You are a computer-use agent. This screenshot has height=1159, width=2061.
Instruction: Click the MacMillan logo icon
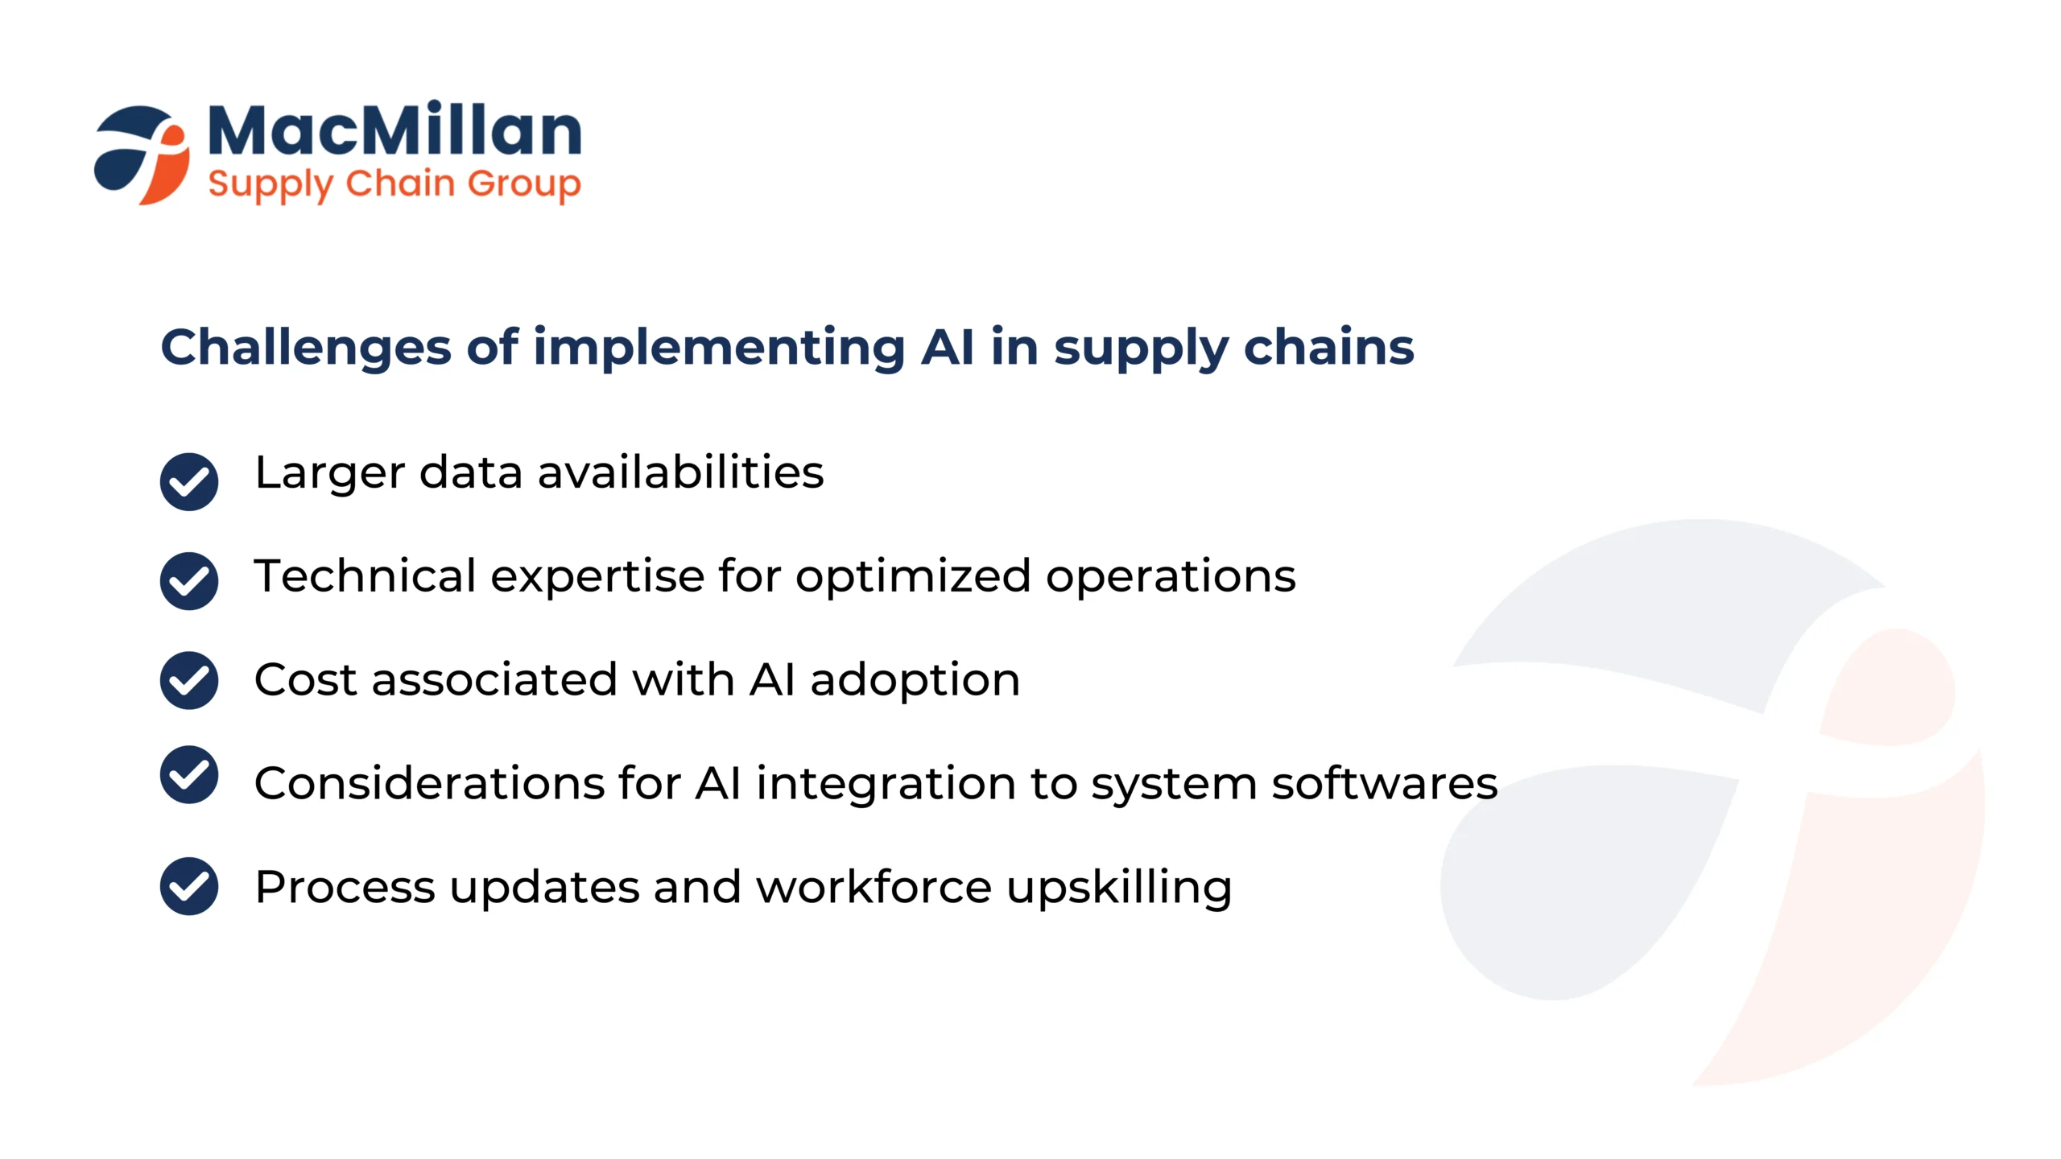click(x=142, y=155)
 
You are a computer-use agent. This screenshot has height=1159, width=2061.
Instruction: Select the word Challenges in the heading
click(x=306, y=348)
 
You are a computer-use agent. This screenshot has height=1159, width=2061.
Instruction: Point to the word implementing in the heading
click(x=719, y=348)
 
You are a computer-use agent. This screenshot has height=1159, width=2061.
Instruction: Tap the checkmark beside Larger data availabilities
click(x=189, y=481)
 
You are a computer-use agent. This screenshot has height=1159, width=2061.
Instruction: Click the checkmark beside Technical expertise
click(x=189, y=580)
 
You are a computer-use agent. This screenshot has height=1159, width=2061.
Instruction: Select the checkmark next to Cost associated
click(x=189, y=680)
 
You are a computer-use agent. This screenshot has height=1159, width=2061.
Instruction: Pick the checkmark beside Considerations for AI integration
click(x=189, y=774)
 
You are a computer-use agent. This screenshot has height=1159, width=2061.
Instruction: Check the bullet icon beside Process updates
click(x=189, y=886)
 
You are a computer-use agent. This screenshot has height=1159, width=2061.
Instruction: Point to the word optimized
click(x=913, y=577)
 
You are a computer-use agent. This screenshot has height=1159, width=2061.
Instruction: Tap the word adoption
click(x=915, y=680)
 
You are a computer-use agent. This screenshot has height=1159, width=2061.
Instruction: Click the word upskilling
click(x=1120, y=888)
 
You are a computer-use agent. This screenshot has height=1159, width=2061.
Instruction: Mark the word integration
click(x=886, y=784)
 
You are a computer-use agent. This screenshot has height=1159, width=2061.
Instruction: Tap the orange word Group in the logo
click(x=524, y=184)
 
